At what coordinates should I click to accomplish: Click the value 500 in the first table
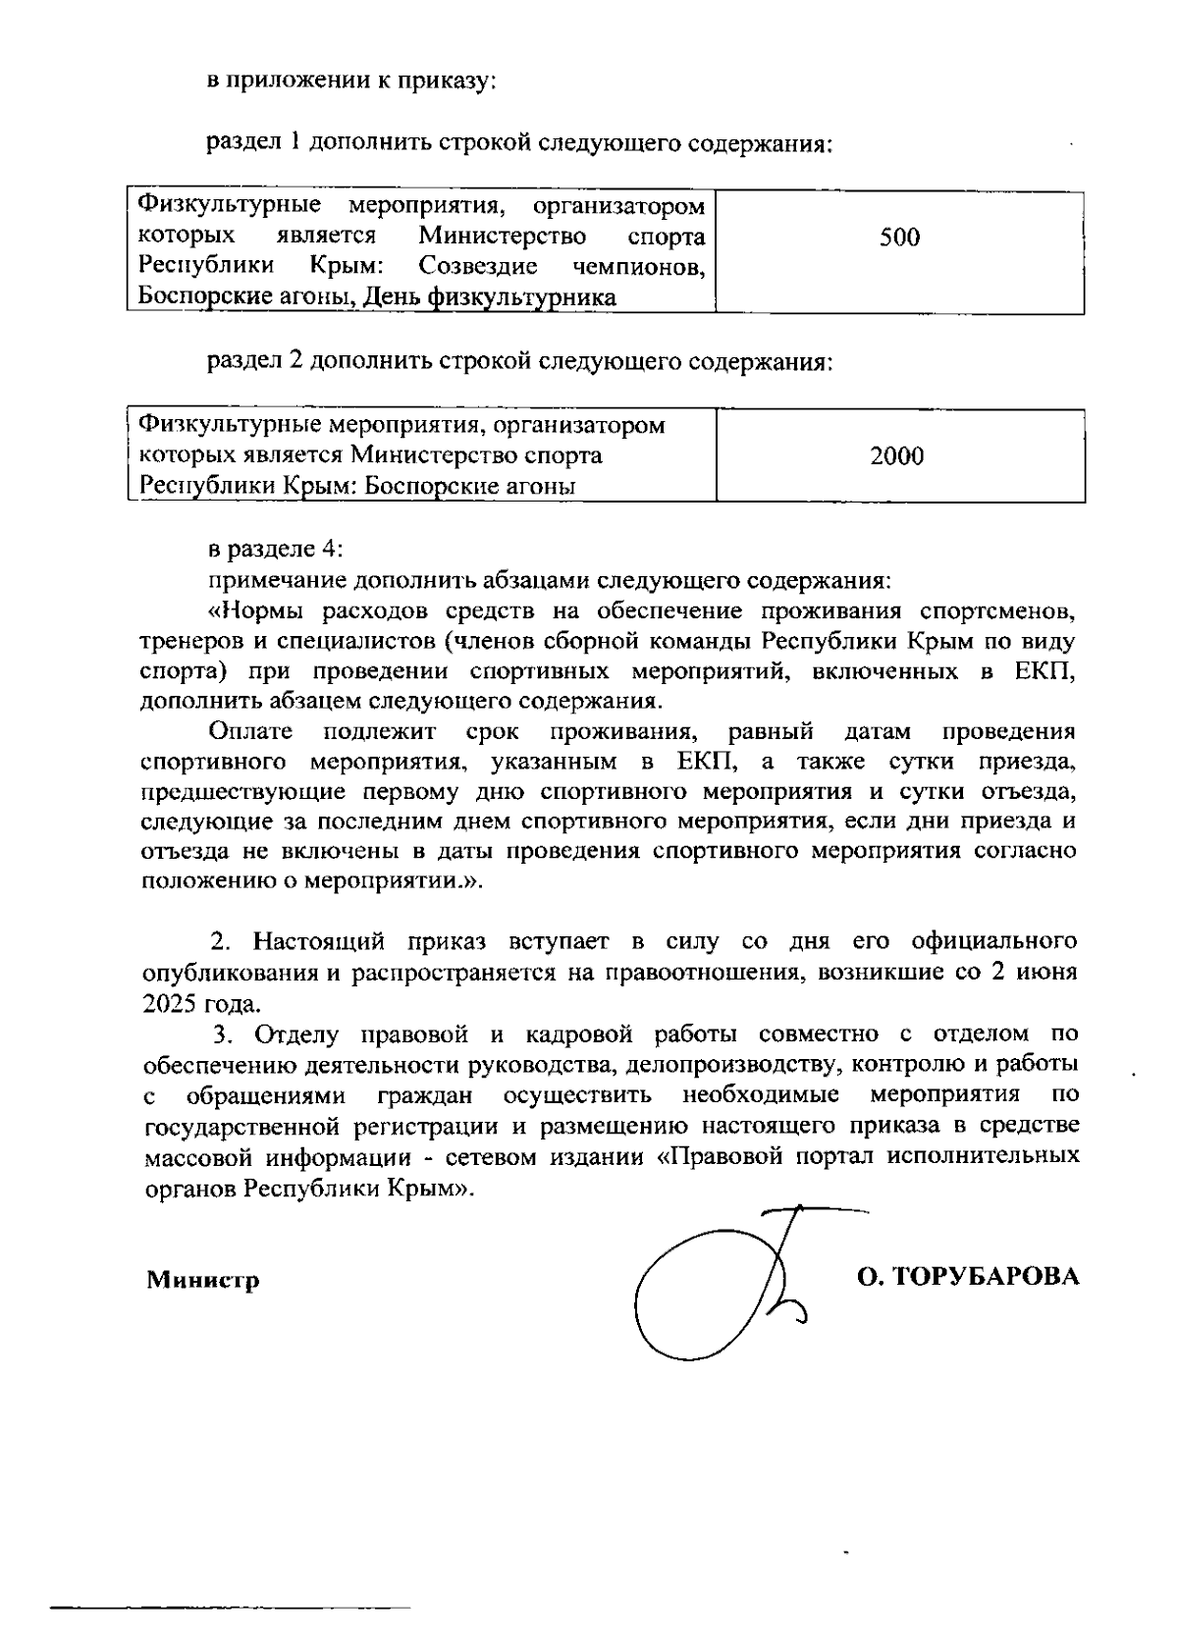pyautogui.click(x=899, y=237)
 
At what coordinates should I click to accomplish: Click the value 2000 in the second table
pyautogui.click(x=896, y=455)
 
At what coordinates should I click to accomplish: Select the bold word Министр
pyautogui.click(x=203, y=1280)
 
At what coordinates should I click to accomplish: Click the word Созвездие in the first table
pyautogui.click(x=477, y=266)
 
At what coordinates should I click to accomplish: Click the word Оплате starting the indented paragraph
pyautogui.click(x=250, y=731)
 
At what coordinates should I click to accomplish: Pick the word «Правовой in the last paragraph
pyautogui.click(x=720, y=1155)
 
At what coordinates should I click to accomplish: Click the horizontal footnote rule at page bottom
pyautogui.click(x=231, y=1608)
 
